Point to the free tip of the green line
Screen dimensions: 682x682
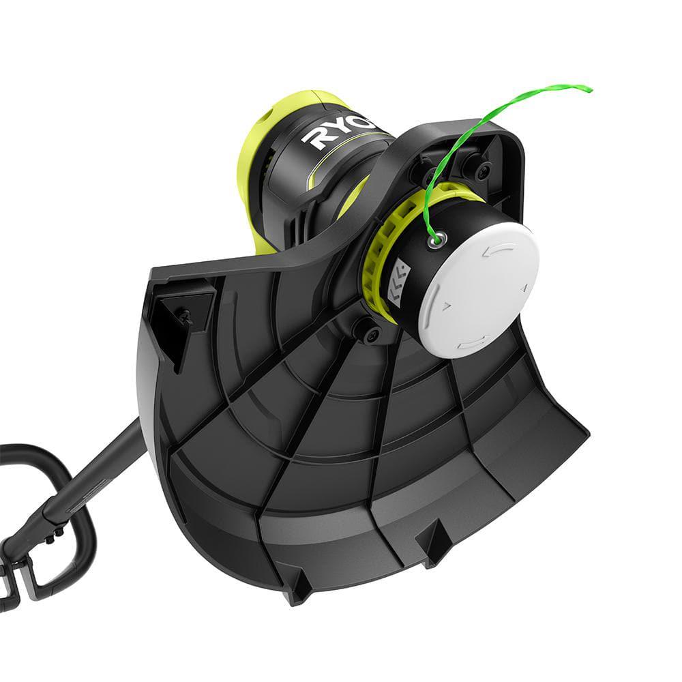point(588,88)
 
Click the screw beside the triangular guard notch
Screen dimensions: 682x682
point(184,316)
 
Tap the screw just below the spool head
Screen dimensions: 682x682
point(372,333)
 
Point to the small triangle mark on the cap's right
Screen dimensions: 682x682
point(524,289)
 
